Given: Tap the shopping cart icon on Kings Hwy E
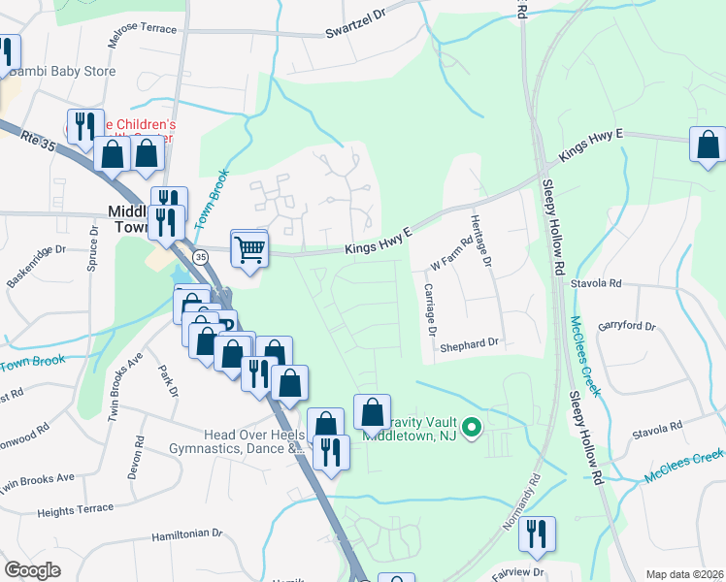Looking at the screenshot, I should pos(249,249).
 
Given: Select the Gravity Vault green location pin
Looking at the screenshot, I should pos(472,427).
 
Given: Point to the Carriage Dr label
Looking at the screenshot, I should pos(428,308).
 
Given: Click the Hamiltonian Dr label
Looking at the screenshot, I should pos(187,533).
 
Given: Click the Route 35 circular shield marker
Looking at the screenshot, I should pos(200,256).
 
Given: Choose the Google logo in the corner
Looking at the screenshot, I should pos(32,570).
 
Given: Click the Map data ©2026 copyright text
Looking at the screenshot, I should pos(684,574).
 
